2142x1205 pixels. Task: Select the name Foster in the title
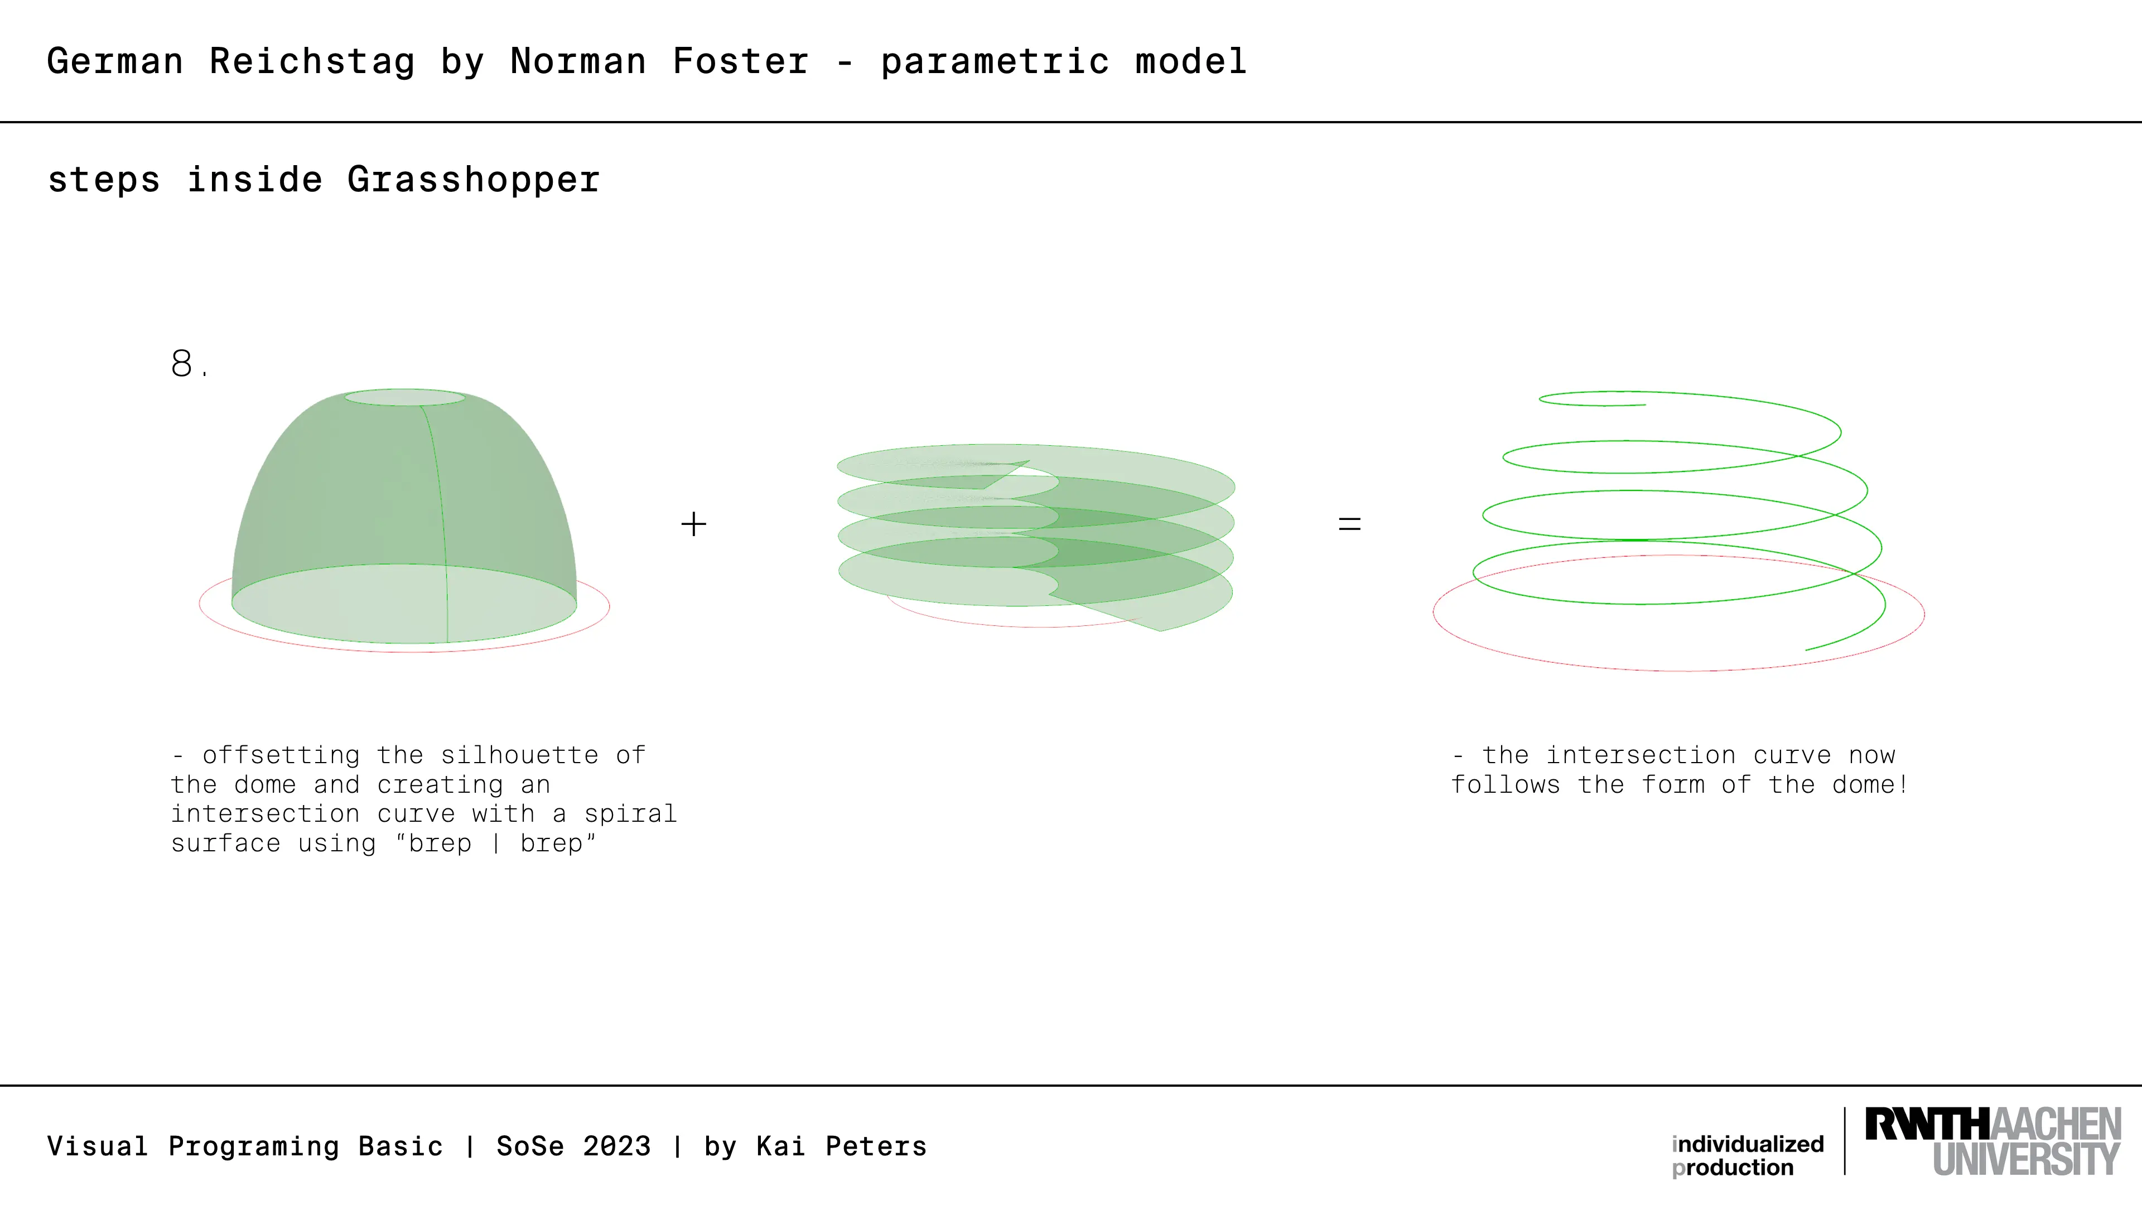740,61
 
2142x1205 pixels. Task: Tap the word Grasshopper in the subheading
473,180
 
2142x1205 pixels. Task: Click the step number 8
189,363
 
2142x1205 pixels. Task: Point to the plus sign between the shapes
693,524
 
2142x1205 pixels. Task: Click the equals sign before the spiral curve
1349,524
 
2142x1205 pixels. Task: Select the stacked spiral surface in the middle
1036,536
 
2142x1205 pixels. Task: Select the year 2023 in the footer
616,1146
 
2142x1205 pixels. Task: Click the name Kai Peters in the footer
842,1146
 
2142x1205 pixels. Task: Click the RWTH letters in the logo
1927,1124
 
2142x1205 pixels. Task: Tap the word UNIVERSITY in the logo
2027,1159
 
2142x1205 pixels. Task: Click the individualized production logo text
1748,1156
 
